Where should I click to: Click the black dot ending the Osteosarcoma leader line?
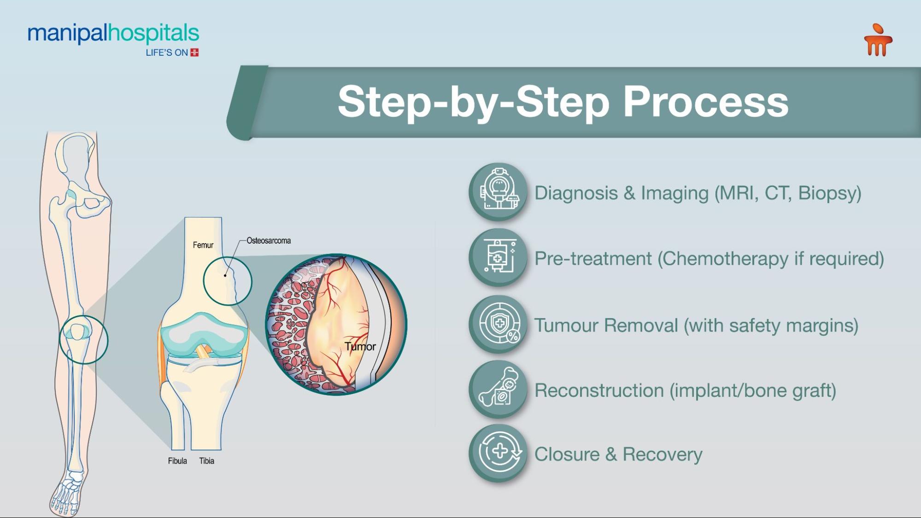click(225, 275)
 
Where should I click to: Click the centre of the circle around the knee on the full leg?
click(83, 340)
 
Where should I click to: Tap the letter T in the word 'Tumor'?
click(348, 346)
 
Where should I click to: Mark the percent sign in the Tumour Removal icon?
click(512, 337)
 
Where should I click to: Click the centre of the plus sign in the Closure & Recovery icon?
click(500, 450)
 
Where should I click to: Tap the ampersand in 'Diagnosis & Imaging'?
click(629, 193)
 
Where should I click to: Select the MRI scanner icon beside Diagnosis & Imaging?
click(498, 192)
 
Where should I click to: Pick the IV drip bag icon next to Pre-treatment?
click(498, 257)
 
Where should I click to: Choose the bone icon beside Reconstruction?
click(498, 389)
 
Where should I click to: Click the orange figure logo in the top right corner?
click(878, 40)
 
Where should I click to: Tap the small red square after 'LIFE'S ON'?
click(194, 52)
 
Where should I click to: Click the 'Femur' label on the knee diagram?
click(203, 245)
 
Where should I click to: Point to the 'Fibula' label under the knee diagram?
click(177, 461)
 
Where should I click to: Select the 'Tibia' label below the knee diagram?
click(207, 461)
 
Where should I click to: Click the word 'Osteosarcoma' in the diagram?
click(269, 240)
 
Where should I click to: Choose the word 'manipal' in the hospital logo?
click(67, 34)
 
